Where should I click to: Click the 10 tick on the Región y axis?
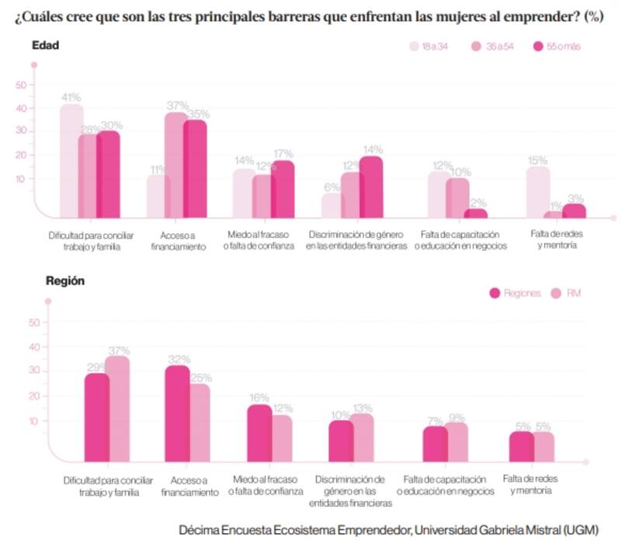(33, 421)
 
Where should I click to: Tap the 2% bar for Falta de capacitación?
(476, 214)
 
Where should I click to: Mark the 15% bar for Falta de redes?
(537, 193)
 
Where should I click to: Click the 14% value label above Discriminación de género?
(373, 149)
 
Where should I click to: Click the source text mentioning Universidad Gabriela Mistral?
(388, 529)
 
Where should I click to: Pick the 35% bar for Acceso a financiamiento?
(195, 169)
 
